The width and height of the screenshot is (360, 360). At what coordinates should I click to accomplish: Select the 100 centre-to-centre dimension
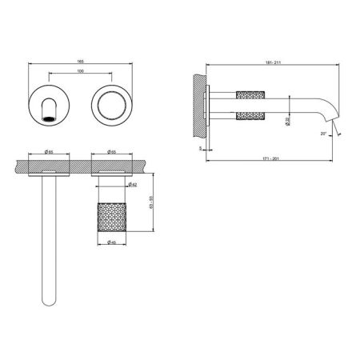[x=79, y=73]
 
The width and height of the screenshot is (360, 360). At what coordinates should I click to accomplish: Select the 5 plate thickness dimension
[x=199, y=147]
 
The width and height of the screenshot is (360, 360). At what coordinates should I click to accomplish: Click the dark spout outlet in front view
[x=50, y=118]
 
